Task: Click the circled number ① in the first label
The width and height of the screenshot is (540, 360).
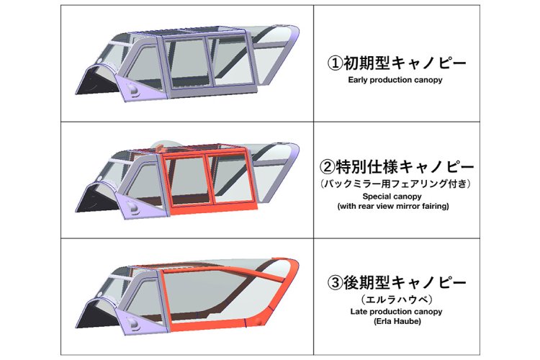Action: tap(335, 63)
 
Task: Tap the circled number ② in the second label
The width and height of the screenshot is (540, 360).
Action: tap(327, 167)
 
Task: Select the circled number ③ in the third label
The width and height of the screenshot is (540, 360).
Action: tap(335, 283)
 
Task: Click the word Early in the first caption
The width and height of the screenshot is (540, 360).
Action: tap(357, 80)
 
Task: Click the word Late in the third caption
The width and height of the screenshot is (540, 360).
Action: tap(357, 312)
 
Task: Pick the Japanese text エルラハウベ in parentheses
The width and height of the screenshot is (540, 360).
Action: tap(397, 299)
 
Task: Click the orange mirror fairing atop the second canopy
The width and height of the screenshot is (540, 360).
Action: tap(161, 147)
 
